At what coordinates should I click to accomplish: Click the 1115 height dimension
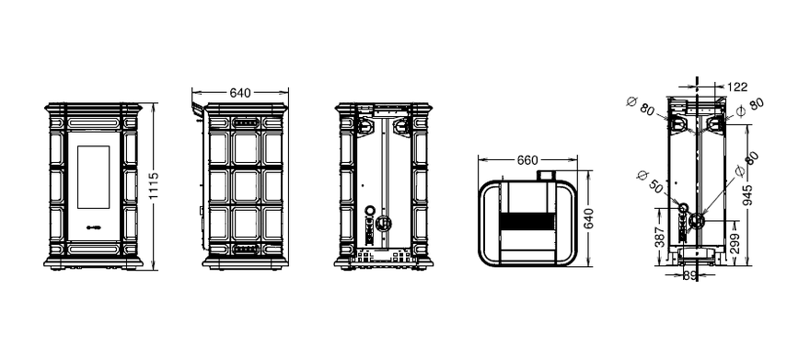pyautogui.click(x=154, y=186)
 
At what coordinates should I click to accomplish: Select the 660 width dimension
pyautogui.click(x=527, y=160)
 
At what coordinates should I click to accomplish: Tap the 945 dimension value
pyautogui.click(x=748, y=194)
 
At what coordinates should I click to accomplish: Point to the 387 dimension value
pyautogui.click(x=659, y=237)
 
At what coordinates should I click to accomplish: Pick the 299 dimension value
pyautogui.click(x=735, y=243)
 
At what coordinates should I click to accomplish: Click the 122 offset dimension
pyautogui.click(x=737, y=87)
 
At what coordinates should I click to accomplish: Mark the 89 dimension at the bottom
pyautogui.click(x=690, y=276)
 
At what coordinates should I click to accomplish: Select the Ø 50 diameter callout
pyautogui.click(x=651, y=181)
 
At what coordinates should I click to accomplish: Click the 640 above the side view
pyautogui.click(x=240, y=93)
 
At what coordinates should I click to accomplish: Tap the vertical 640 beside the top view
pyautogui.click(x=588, y=218)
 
